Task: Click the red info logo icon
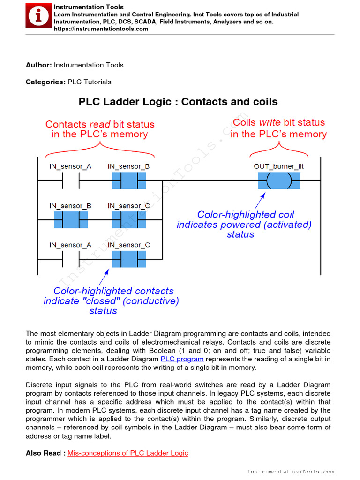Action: pyautogui.click(x=39, y=16)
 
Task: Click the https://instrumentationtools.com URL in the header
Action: pyautogui.click(x=101, y=29)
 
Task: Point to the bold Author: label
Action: pyautogui.click(x=39, y=65)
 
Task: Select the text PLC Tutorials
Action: pyautogui.click(x=90, y=82)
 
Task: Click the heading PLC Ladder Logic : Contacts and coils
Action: pyautogui.click(x=178, y=102)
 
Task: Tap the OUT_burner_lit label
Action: pyautogui.click(x=279, y=166)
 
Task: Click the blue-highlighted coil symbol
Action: pyautogui.click(x=279, y=180)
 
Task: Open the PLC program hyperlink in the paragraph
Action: pyautogui.click(x=182, y=359)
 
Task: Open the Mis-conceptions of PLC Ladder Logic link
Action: pyautogui.click(x=128, y=453)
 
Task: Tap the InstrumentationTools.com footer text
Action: pyautogui.click(x=290, y=472)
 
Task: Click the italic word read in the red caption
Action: pyautogui.click(x=99, y=124)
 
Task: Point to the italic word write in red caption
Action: pyautogui.click(x=270, y=122)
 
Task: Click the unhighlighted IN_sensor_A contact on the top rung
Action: pyautogui.click(x=70, y=180)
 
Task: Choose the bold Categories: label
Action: pyautogui.click(x=45, y=82)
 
